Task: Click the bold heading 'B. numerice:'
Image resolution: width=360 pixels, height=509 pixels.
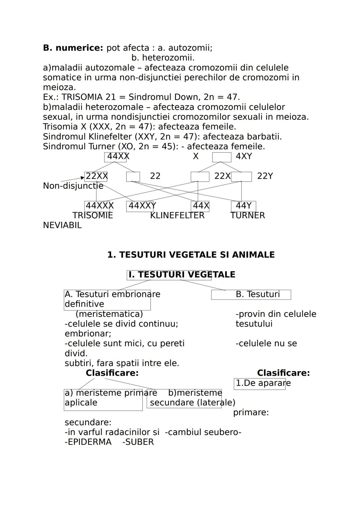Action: (73, 48)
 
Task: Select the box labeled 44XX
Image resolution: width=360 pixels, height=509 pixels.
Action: (115, 157)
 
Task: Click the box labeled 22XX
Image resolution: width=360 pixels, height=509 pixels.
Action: (96, 177)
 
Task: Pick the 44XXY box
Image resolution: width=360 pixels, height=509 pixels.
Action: (141, 206)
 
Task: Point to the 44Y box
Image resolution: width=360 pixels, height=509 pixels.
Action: (243, 206)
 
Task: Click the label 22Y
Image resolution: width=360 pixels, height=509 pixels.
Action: (265, 176)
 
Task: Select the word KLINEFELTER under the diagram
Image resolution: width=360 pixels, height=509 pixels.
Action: (177, 216)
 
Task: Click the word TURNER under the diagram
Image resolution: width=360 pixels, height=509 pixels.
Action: (248, 216)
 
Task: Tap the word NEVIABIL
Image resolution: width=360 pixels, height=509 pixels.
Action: (62, 226)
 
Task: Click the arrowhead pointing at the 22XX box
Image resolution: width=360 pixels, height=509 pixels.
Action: (83, 178)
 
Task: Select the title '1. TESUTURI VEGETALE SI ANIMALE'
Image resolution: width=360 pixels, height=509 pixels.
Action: (191, 255)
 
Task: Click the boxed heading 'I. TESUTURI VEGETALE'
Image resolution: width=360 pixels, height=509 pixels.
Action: (169, 275)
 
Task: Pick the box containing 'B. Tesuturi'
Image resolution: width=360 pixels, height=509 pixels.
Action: (251, 294)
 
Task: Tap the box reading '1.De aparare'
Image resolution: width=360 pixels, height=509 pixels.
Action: (260, 383)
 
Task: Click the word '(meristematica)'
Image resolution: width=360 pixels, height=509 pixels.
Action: (109, 314)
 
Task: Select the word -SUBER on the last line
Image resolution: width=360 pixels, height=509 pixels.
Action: (138, 442)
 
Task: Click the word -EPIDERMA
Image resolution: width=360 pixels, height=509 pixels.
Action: (88, 442)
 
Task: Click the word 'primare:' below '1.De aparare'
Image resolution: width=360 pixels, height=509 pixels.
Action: (251, 413)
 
